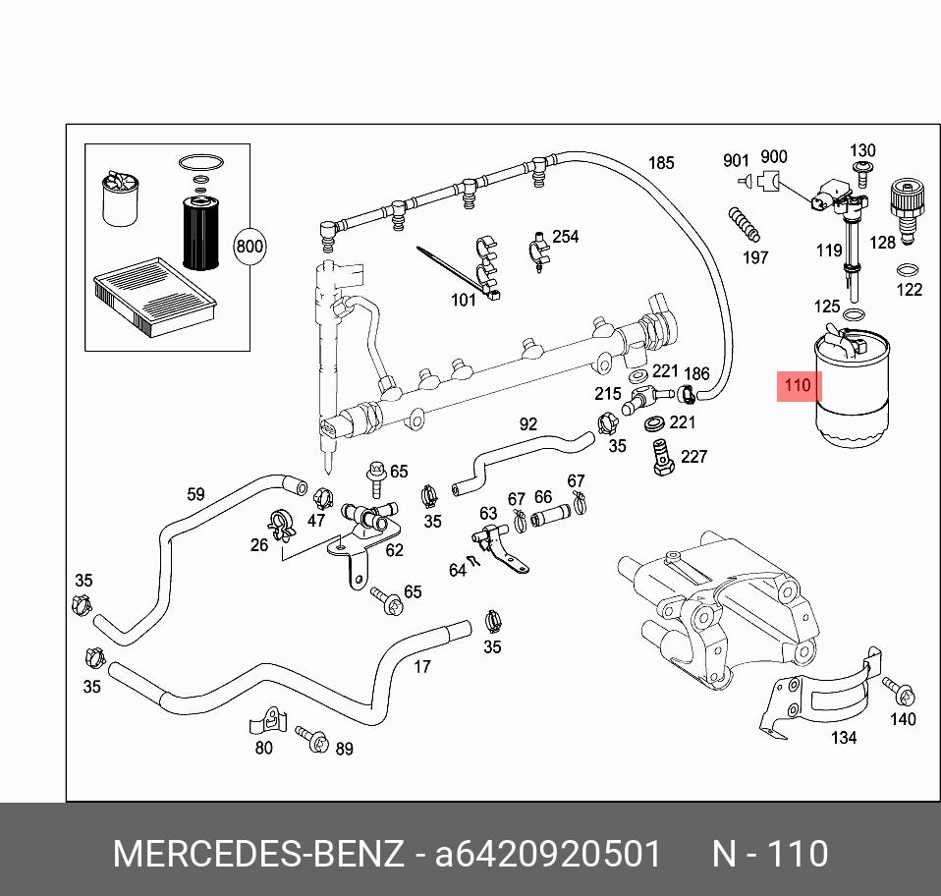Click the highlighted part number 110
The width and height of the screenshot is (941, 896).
point(797,386)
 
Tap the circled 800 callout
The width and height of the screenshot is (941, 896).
point(249,247)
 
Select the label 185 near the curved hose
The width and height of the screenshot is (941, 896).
point(661,162)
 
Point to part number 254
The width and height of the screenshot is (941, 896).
point(566,237)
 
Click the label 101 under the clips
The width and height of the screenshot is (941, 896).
point(463,300)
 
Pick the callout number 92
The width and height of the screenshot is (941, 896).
point(528,424)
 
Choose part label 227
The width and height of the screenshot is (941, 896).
point(693,456)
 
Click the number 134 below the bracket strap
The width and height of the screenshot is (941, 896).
point(843,737)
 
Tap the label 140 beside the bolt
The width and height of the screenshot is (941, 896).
point(902,719)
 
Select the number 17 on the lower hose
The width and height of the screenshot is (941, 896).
point(421,667)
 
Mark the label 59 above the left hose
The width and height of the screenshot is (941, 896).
point(195,494)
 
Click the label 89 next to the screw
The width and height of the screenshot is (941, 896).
point(344,749)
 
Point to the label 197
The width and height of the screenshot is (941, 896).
point(754,257)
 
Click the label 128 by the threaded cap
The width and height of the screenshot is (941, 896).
point(882,243)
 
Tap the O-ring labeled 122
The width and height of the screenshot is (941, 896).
point(910,270)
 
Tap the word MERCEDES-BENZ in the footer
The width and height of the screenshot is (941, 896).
point(257,854)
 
